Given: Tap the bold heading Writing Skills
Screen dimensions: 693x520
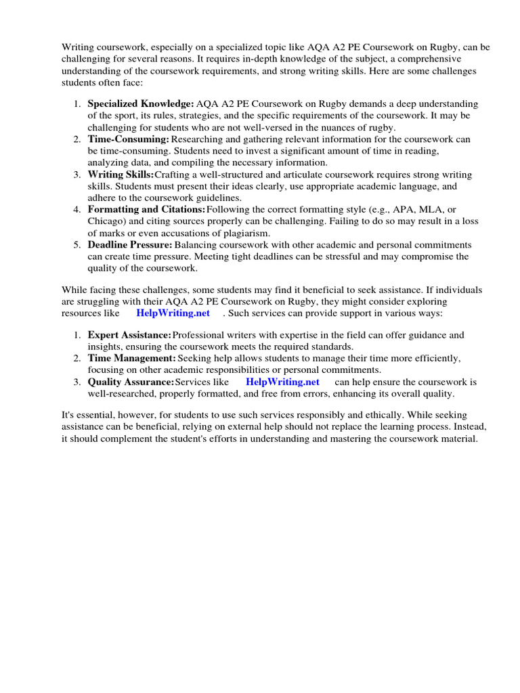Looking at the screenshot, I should coord(121,175).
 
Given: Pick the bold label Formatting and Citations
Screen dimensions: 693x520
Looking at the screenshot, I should coord(146,209).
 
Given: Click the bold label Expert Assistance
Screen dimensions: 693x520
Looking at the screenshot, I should coord(129,335).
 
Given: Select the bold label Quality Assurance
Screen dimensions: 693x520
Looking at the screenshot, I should coord(131,382).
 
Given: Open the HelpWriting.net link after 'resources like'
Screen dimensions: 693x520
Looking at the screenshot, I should coord(173,313).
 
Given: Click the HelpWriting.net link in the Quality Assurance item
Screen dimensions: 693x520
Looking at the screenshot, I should coord(282,382).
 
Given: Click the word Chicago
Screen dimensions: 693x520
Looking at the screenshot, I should coord(105,221).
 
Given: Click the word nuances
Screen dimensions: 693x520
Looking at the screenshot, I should coord(321,127).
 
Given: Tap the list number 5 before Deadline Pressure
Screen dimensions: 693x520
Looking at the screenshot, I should coord(77,244).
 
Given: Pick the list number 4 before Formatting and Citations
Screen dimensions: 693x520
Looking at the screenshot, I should coord(77,209).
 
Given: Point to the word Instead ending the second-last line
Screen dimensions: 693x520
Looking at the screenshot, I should coord(467,426).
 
